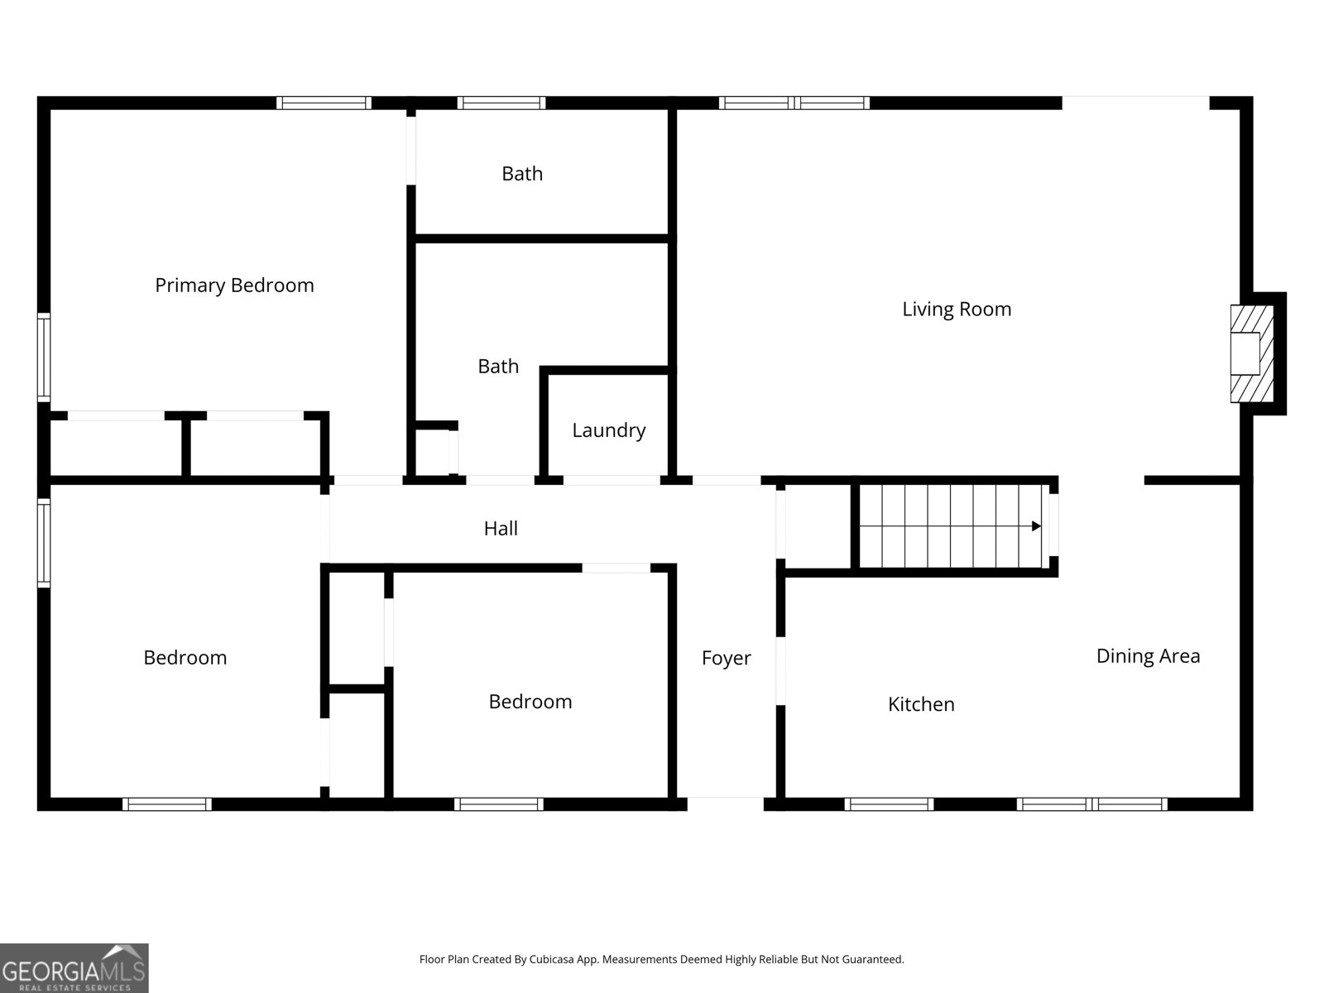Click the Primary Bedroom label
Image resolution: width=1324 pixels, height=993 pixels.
coord(235,285)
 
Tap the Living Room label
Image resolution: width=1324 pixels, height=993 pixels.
coord(957,309)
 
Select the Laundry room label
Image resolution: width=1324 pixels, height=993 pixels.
coord(608,430)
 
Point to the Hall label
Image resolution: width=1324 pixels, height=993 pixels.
coord(501,528)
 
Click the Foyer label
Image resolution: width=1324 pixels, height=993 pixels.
coord(727,658)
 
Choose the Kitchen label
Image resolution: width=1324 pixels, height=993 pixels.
coord(921,704)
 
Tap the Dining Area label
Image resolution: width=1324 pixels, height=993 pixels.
coord(1148,656)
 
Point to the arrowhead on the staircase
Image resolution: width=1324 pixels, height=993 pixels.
coord(1036,526)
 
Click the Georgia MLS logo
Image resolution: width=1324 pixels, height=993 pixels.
coord(74,967)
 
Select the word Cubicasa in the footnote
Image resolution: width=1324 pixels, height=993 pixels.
coord(551,959)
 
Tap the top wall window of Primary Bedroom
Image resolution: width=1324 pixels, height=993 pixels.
coord(324,103)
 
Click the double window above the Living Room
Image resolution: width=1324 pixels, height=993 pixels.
coord(794,103)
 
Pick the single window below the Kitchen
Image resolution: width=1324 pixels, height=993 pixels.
coord(889,804)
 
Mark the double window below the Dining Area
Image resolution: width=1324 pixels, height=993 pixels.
coord(1091,804)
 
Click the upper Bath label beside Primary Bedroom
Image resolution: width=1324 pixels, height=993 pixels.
coord(522,174)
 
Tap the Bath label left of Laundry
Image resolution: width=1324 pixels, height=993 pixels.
coord(498,367)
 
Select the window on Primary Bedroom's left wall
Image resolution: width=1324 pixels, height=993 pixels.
coord(44,357)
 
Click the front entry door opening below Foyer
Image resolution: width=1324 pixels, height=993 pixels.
coord(726,804)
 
